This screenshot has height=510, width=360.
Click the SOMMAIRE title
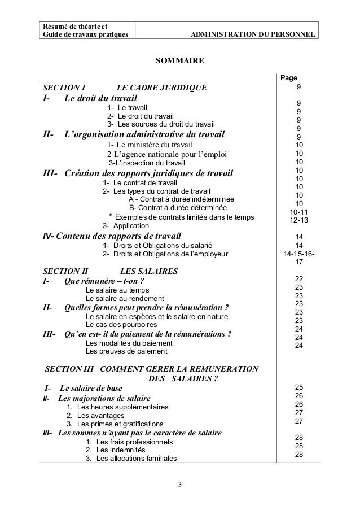tap(179, 60)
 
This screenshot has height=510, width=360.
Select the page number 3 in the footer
tap(179, 485)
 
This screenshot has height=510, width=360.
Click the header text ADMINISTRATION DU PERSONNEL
tap(253, 36)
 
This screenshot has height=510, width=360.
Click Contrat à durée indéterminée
tap(182, 199)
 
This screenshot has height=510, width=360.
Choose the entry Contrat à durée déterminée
tap(178, 208)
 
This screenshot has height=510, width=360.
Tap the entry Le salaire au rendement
tap(124, 298)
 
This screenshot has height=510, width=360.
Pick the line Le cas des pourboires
tap(120, 325)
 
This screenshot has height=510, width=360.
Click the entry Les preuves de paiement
tap(126, 351)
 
